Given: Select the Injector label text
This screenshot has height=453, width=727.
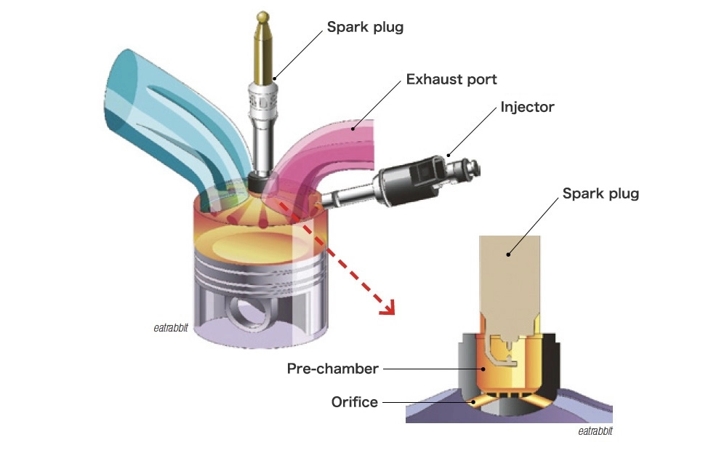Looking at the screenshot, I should point(527,108).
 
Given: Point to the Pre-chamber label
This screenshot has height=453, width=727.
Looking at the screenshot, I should point(332,369).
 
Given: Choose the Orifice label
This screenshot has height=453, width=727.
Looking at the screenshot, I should point(354,401).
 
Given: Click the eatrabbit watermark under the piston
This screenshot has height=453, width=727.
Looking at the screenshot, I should point(171,328).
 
